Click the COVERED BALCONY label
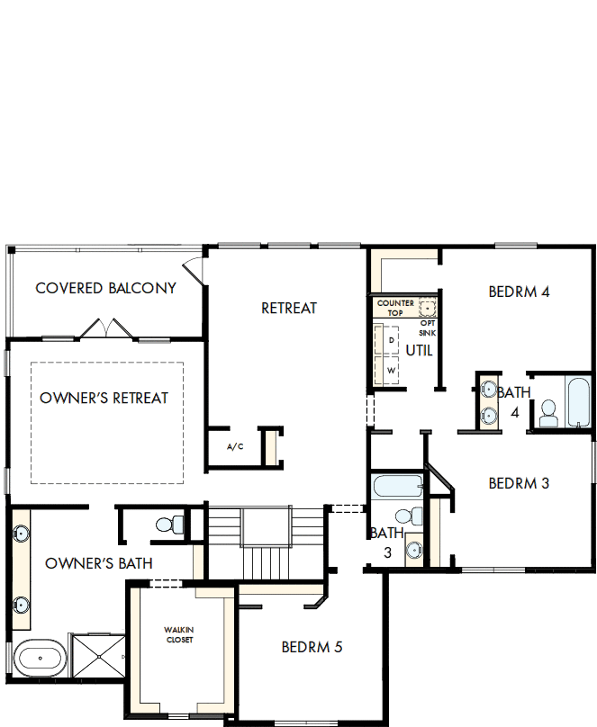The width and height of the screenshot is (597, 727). tap(105, 288)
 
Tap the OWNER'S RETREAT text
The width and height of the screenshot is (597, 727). tap(104, 398)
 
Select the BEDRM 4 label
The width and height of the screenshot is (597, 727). tap(519, 292)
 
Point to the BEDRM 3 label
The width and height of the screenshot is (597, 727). tap(519, 483)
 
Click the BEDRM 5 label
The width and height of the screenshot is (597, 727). tap(312, 647)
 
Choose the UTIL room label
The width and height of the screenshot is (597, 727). tap(420, 350)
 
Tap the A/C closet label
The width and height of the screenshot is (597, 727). tap(235, 447)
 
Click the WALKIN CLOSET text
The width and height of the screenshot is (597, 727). tap(178, 634)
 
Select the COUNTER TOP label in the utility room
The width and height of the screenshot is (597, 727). tap(395, 308)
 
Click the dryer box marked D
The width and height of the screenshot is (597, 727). tap(392, 342)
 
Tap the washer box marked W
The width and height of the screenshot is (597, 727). tap(392, 370)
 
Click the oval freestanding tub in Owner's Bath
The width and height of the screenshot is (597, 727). tap(38, 658)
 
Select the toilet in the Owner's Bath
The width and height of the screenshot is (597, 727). tap(167, 523)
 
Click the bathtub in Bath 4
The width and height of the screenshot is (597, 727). tap(577, 401)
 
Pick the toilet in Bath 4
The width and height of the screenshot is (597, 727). tap(547, 413)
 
